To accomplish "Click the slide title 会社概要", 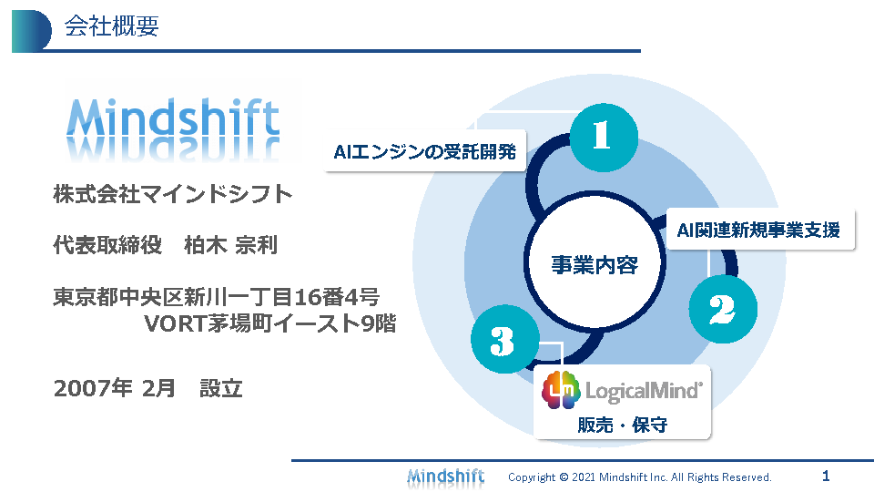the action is click(x=111, y=26).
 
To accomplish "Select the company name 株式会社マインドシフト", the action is click(x=173, y=194).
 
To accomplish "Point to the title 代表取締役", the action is click(x=107, y=245).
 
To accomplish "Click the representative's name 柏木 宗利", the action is click(x=230, y=245).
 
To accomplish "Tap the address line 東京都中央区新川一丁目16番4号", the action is click(x=217, y=297).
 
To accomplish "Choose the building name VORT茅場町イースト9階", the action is click(x=270, y=323).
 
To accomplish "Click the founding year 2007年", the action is click(x=93, y=388).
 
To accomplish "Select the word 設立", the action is click(x=221, y=388).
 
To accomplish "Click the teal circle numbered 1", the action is click(x=604, y=138).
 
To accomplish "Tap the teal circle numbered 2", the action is click(x=723, y=309).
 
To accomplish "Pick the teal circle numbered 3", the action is click(x=505, y=339).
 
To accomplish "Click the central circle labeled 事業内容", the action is click(x=595, y=261).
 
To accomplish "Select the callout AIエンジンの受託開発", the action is click(x=425, y=151).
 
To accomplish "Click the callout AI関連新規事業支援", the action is click(x=760, y=230).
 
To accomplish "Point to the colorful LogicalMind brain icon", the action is click(x=561, y=390).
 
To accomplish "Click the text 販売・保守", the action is click(x=623, y=425).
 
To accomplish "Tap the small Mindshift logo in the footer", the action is click(x=446, y=477).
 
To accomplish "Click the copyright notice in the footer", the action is click(x=640, y=477).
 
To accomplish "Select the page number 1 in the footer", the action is click(x=826, y=476).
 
